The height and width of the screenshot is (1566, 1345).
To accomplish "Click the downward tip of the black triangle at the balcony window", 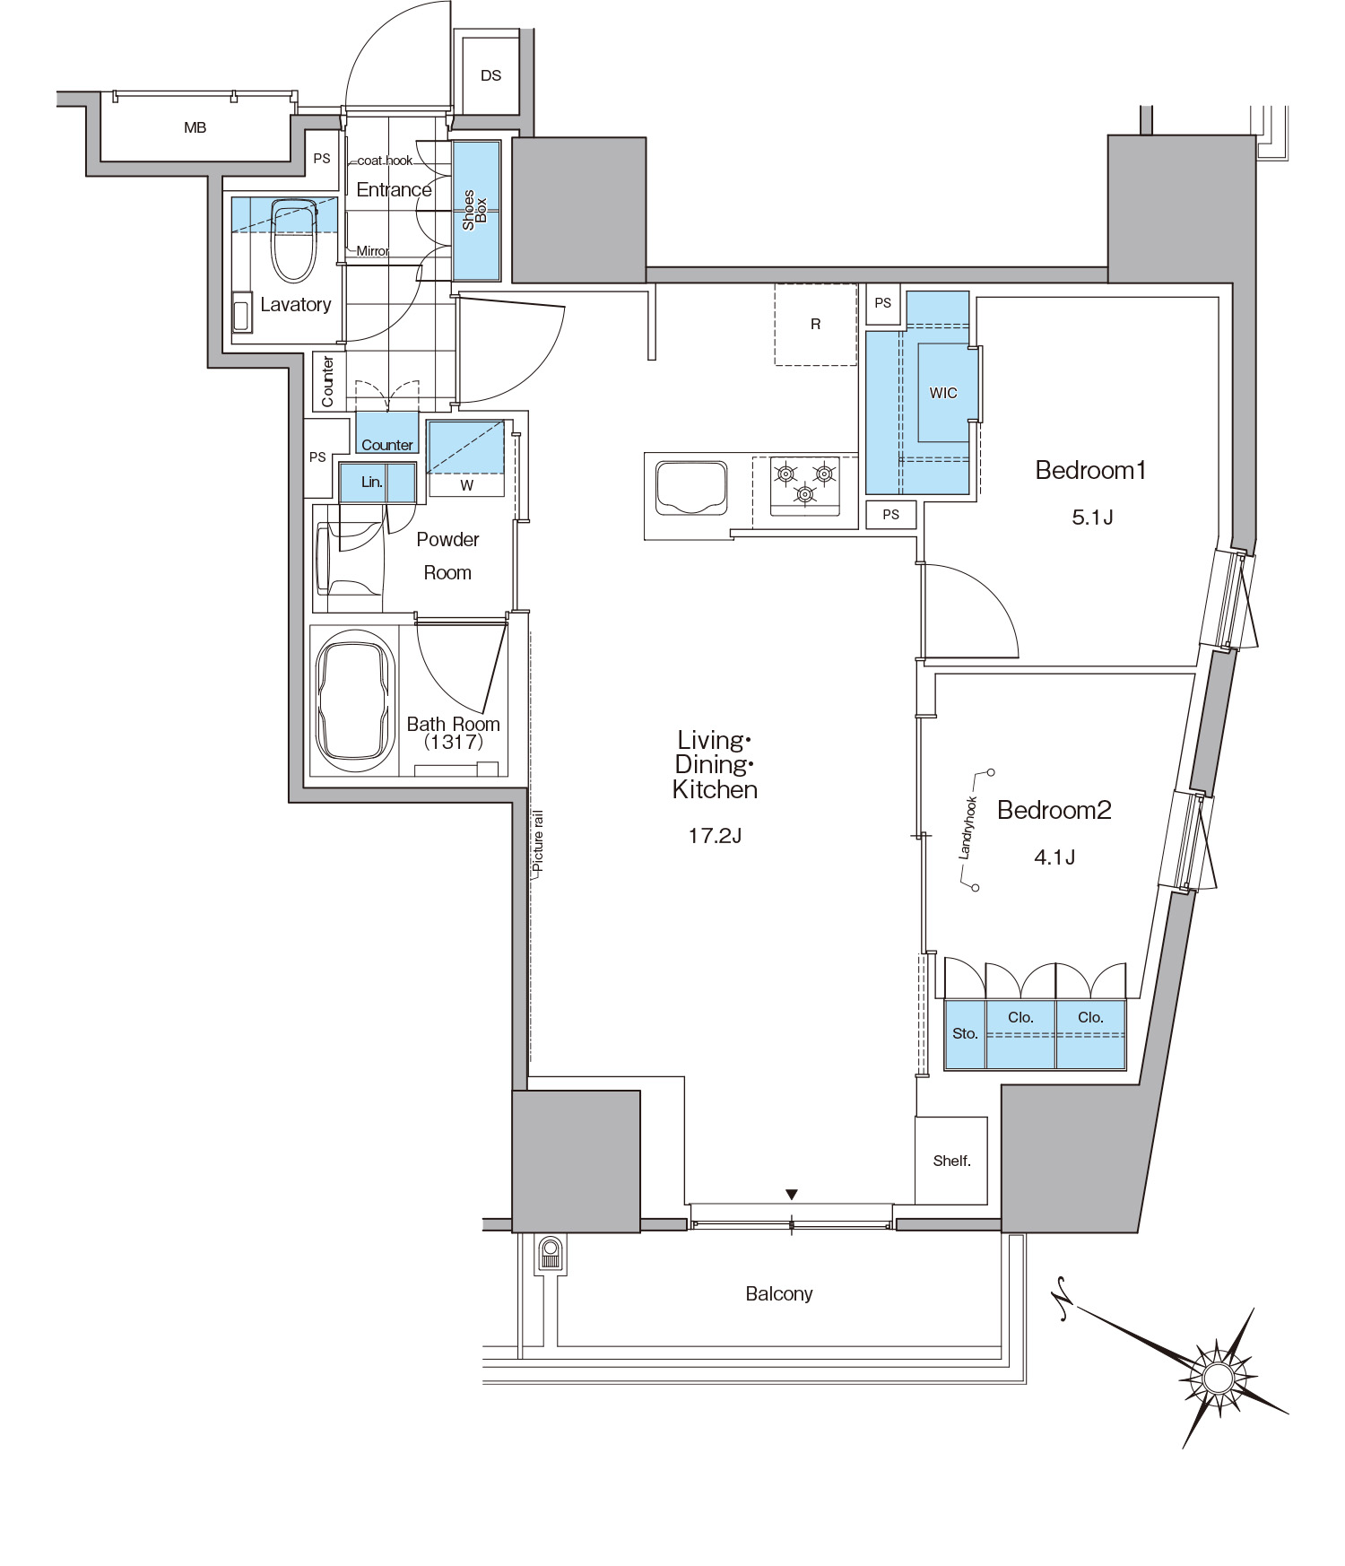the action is click(791, 1200).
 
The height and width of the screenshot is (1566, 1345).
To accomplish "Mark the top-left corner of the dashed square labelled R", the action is click(776, 284).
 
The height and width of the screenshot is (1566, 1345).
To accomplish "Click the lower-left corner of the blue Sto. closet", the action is click(946, 1068).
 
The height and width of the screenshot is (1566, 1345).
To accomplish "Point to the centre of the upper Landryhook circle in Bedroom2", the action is click(991, 772).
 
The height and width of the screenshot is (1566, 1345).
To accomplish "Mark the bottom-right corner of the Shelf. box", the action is click(987, 1204).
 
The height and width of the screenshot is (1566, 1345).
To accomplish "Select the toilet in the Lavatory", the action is click(294, 239).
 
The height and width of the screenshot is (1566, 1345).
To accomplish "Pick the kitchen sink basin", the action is click(690, 488).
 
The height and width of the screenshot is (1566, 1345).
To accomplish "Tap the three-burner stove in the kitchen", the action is click(805, 486).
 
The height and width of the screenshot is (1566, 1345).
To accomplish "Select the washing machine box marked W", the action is click(465, 458).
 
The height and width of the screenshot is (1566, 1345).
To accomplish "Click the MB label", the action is click(195, 127).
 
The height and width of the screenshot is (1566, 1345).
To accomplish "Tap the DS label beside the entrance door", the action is click(490, 75).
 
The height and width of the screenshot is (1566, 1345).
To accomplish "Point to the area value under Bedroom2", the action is click(1054, 857).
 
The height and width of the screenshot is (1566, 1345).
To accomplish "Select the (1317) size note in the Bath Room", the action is click(454, 742).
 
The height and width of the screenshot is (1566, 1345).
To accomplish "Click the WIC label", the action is click(943, 393).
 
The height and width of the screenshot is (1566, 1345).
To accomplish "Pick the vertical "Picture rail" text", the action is click(538, 841).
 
